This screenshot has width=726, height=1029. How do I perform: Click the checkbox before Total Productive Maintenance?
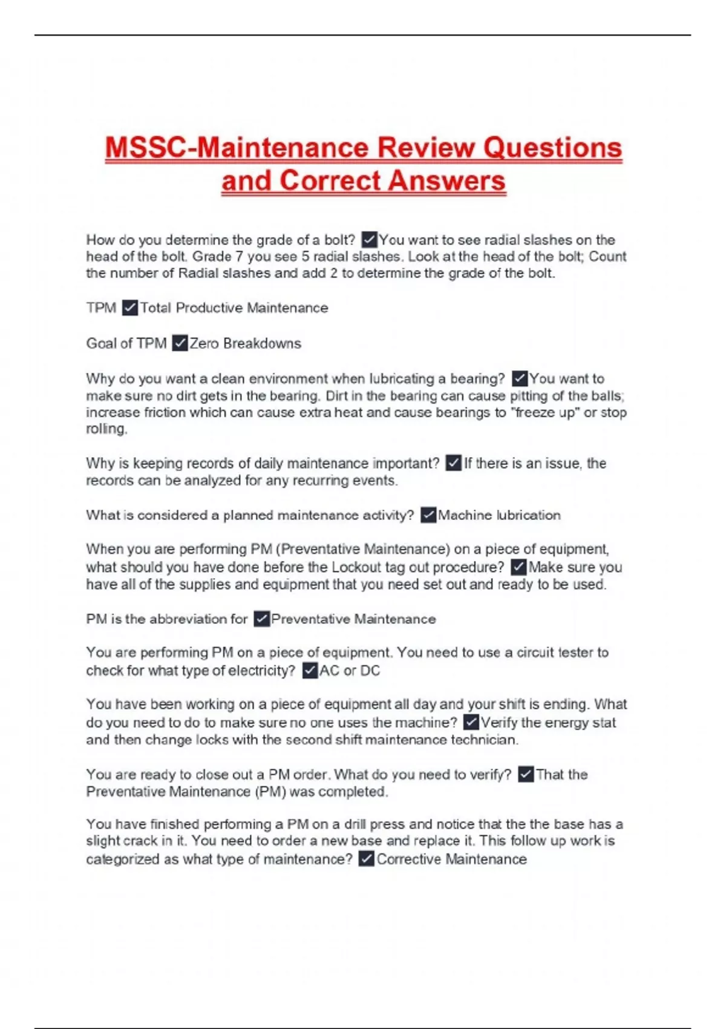point(129,308)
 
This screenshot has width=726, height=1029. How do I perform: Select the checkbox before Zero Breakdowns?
point(180,343)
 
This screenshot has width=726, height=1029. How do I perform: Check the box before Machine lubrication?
point(428,515)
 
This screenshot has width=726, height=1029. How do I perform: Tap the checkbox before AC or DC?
point(310,671)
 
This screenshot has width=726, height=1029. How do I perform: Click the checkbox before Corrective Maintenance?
point(366,859)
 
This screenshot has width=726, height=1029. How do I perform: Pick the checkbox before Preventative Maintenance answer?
point(261,619)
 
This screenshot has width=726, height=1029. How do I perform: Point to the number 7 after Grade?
point(239,257)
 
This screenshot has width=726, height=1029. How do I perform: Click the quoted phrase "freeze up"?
point(545,412)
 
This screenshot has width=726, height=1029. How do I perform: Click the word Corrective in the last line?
point(408,859)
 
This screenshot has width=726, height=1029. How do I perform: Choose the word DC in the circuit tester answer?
point(370,671)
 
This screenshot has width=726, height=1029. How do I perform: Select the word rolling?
point(106,429)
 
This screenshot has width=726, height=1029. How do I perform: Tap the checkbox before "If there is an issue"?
point(453,463)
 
